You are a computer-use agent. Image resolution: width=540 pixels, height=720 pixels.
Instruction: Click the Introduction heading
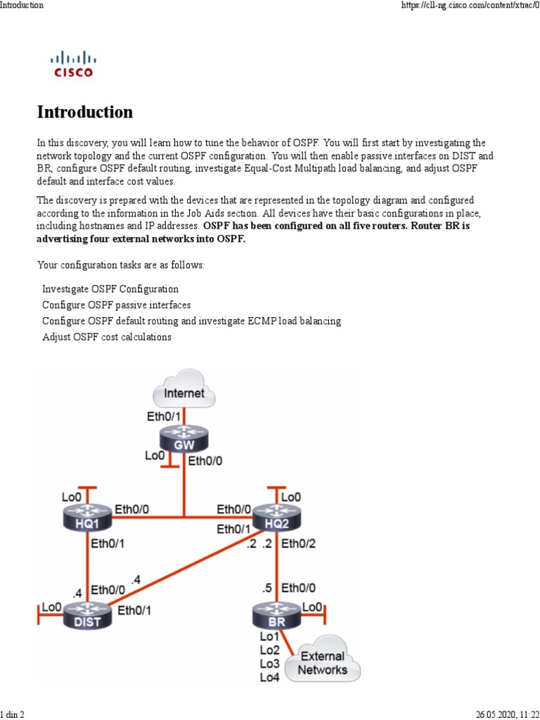click(x=84, y=112)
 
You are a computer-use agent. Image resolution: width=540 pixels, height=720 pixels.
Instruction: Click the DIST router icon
click(x=86, y=615)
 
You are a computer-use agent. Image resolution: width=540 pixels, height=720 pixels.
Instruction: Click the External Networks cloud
click(x=323, y=662)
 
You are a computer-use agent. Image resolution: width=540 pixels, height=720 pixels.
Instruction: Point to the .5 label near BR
click(x=267, y=589)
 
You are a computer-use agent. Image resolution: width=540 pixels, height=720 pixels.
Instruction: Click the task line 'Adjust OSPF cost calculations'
click(x=107, y=337)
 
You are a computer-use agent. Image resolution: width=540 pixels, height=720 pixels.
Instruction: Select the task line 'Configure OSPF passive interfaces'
click(x=117, y=305)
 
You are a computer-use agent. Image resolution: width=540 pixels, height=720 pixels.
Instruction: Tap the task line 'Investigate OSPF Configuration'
click(x=110, y=289)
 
